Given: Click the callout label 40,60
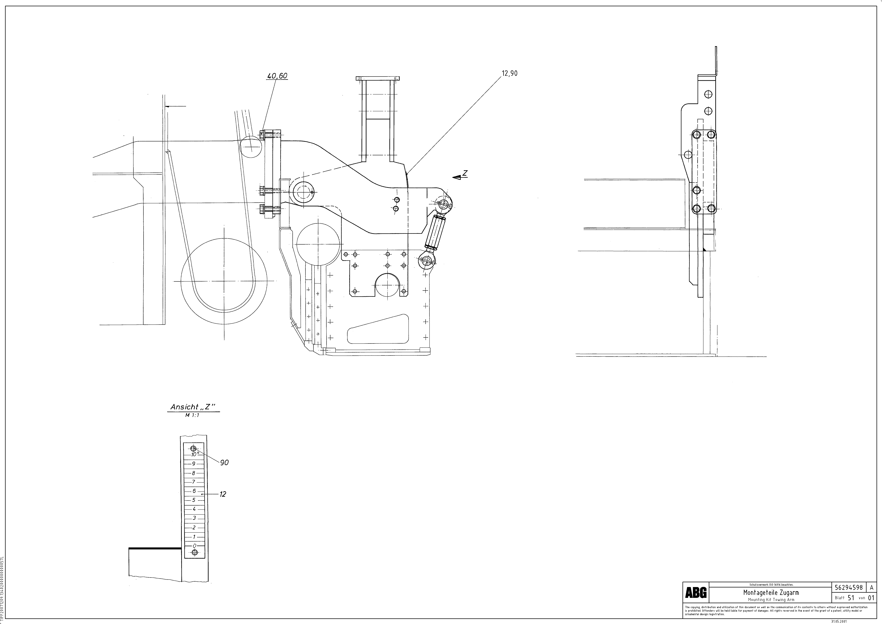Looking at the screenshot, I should (x=277, y=76).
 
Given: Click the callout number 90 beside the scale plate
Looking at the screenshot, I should (x=224, y=463).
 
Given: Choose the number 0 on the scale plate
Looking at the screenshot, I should (x=194, y=546).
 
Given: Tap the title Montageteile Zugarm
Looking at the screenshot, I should (x=771, y=593).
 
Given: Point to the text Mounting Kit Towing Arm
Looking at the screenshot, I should (x=771, y=599).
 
